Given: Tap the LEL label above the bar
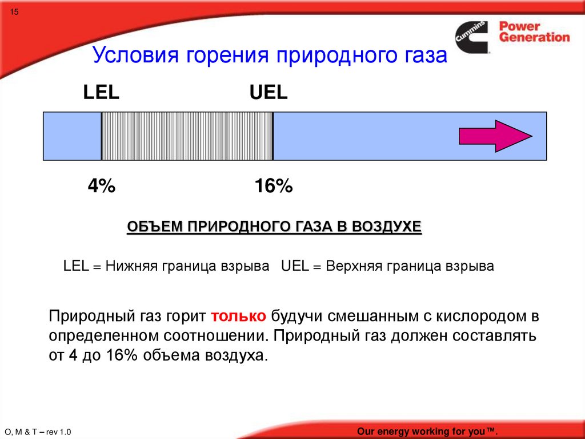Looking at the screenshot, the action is pos(101,92).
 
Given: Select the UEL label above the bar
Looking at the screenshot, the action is pos(269,92).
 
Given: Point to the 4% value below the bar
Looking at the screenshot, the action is pos(102,186).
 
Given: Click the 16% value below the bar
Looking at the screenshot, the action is pos(274,186).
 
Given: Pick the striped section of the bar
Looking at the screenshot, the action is pos(187,136).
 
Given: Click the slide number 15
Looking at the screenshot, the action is pos(14,12).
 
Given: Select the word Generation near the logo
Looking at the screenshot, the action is pos(535,37).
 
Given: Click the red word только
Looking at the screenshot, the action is pos(238,316).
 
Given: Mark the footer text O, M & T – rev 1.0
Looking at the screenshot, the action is pos(38,432).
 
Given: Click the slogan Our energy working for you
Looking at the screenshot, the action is pos(427,431).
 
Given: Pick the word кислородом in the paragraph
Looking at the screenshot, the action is pos(481,317).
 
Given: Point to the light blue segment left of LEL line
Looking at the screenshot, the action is pos(73,136).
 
